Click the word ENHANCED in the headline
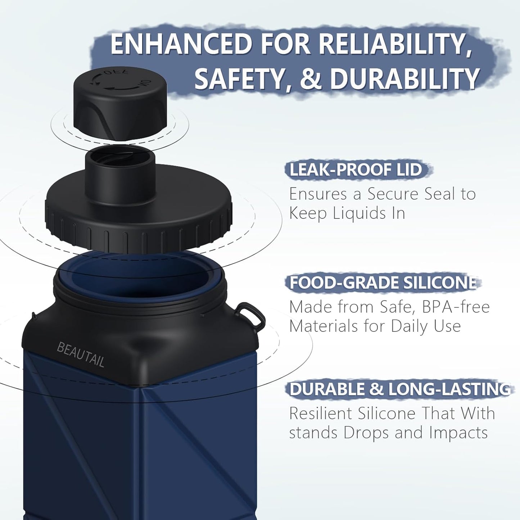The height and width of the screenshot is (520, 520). tap(181, 44)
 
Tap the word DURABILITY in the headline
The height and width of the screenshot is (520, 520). tap(404, 79)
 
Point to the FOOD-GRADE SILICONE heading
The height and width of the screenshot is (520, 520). tap(383, 283)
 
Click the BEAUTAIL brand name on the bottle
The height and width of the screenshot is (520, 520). tap(81, 354)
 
